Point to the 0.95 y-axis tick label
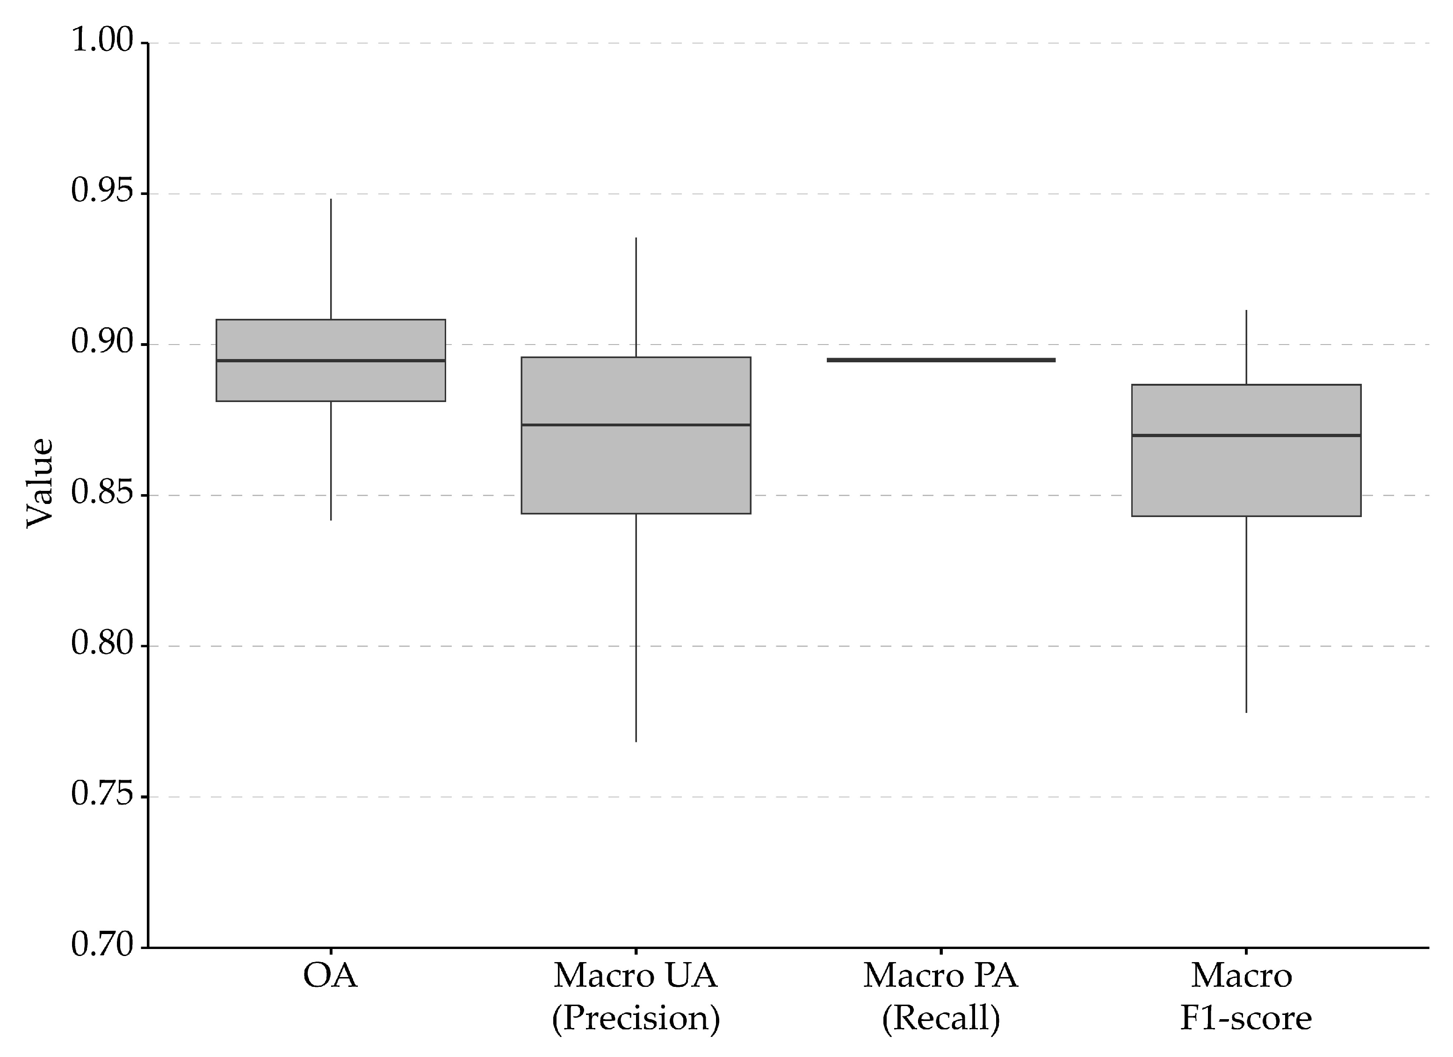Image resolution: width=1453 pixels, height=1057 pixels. coord(101,192)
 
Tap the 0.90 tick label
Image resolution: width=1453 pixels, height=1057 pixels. coord(101,343)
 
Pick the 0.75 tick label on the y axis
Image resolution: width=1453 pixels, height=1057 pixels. coord(101,795)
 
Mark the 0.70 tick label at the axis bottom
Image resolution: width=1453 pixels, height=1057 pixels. coord(101,946)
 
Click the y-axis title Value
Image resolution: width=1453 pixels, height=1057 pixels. coord(40,484)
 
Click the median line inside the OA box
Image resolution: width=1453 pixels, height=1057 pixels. coord(331,360)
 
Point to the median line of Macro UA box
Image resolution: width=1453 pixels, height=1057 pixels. coord(636,425)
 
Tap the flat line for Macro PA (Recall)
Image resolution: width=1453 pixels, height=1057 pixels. coord(940,360)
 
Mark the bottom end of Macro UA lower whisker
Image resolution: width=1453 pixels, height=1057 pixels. coord(636,741)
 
